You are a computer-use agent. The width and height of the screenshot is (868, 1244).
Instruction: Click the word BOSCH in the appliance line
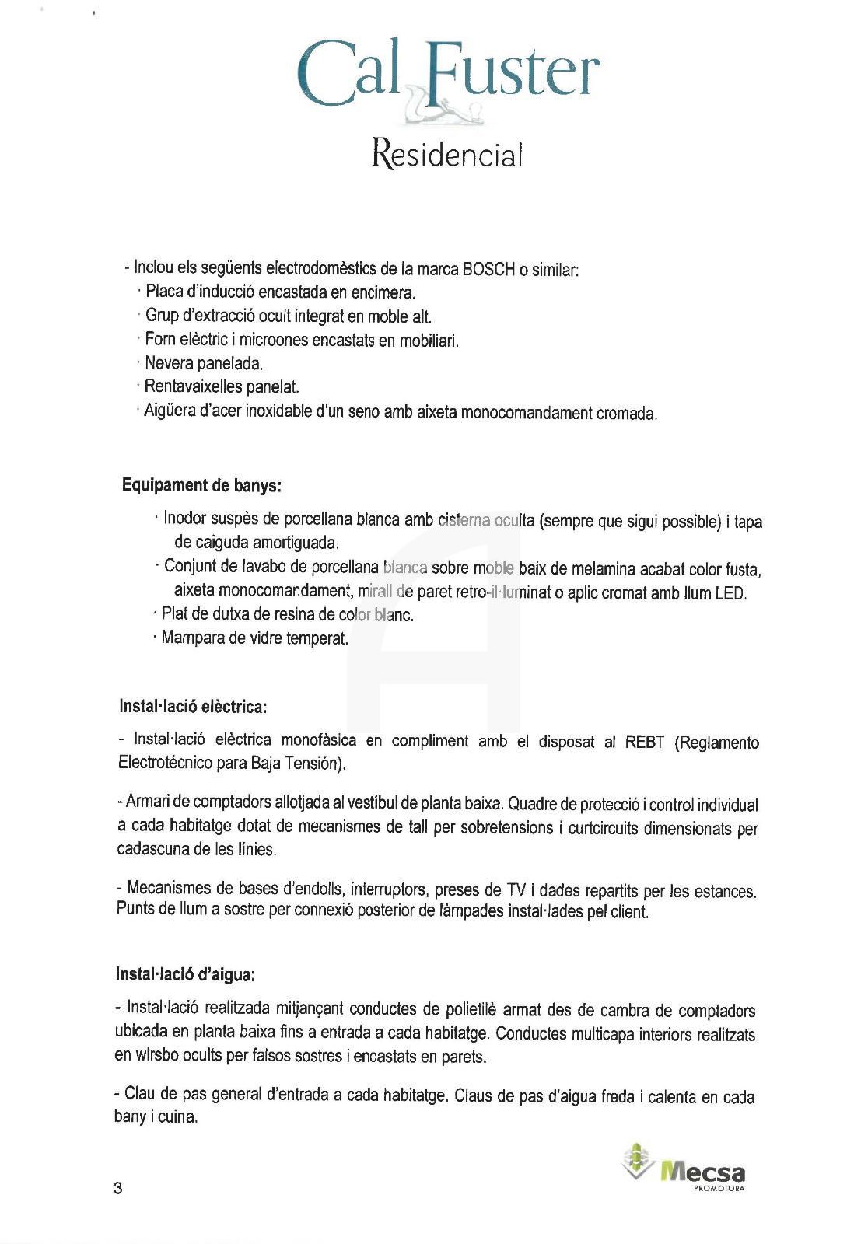tap(488, 270)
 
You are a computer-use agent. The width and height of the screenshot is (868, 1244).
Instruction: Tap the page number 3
tap(118, 1189)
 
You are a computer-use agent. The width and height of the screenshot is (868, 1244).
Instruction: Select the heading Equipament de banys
tap(201, 486)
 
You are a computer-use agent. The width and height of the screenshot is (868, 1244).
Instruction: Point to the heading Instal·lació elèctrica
tap(193, 707)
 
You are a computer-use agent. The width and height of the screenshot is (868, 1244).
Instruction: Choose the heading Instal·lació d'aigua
tap(185, 974)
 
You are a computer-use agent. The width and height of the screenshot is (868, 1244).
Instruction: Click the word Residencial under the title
tap(446, 153)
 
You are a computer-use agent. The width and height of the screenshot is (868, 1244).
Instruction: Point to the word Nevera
tap(169, 363)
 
